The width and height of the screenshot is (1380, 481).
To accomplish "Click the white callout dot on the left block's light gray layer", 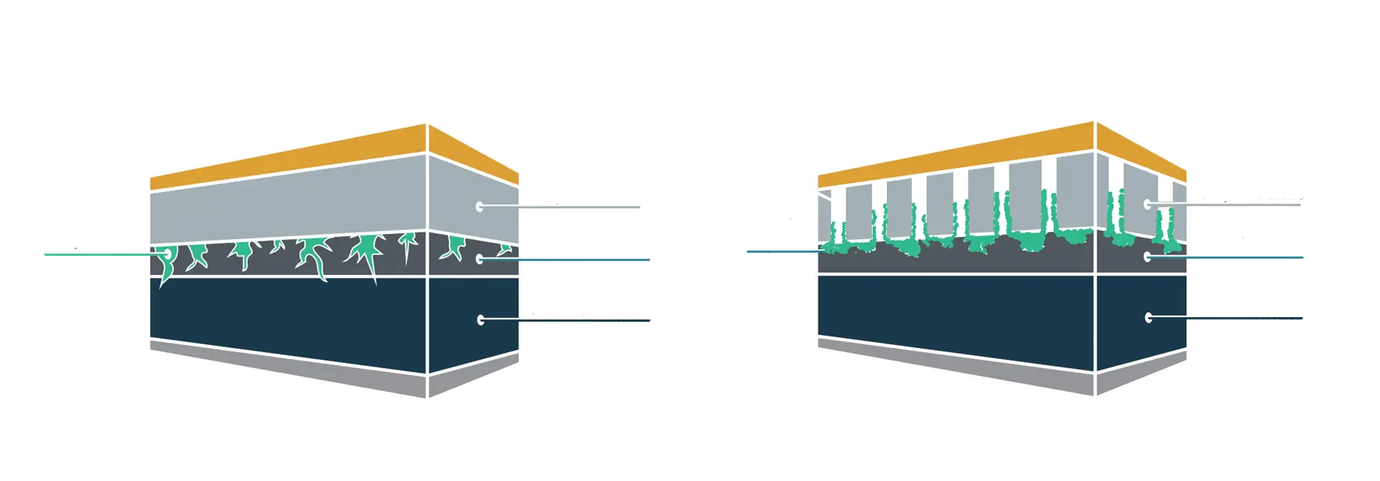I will click(x=481, y=207).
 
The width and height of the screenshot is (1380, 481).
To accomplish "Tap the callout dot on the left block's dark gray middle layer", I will click(x=481, y=258).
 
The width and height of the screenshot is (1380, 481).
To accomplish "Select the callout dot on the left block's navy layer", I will click(x=481, y=319).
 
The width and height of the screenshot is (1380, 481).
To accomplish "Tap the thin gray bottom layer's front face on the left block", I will click(x=287, y=365).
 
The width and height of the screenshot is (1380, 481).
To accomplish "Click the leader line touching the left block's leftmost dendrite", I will click(x=101, y=253).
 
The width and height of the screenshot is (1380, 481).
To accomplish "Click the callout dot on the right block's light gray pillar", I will click(x=1148, y=204).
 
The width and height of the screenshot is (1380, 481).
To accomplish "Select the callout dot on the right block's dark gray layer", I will click(x=1148, y=256).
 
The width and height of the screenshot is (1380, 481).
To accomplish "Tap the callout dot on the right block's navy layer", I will click(x=1148, y=316).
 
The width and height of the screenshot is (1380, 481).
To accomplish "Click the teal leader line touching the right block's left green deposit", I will click(x=784, y=252).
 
